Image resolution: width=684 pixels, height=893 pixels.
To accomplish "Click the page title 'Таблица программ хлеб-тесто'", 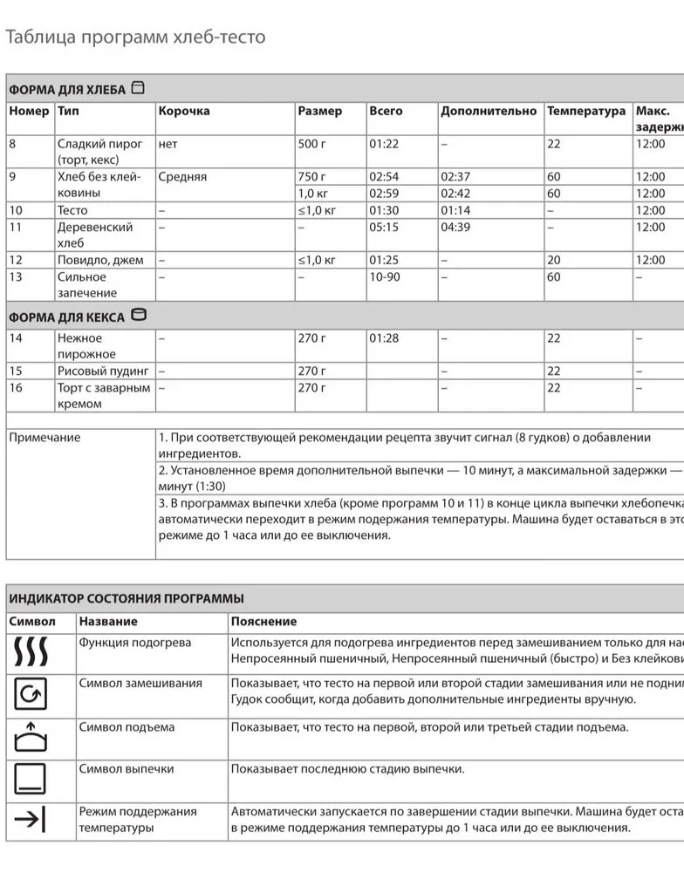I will (135, 37).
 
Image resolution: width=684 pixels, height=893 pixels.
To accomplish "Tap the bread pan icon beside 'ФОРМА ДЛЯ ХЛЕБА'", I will (138, 88).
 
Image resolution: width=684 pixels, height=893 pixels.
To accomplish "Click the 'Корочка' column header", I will (184, 112).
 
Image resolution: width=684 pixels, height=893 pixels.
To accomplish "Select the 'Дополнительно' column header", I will (489, 112).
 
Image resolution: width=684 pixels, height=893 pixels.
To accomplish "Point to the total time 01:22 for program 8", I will (384, 144).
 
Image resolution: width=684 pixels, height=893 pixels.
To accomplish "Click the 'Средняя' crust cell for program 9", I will (182, 177).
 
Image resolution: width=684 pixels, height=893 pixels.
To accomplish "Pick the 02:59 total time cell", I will (384, 194).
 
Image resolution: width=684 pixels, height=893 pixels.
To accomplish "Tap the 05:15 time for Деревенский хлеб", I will (384, 228).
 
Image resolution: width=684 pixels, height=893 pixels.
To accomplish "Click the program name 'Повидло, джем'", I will (100, 260).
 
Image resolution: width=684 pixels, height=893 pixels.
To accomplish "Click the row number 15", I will (16, 372).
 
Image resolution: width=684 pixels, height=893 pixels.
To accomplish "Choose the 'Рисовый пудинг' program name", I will (103, 372).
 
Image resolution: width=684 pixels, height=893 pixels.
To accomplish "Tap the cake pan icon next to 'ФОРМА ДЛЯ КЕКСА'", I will (139, 316).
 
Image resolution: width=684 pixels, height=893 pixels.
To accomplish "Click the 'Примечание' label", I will (44, 438).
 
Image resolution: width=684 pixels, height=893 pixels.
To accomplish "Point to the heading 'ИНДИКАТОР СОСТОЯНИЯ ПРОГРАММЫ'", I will (127, 599).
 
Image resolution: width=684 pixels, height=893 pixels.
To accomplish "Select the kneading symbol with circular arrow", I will (31, 694).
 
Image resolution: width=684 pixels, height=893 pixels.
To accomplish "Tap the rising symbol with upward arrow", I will (31, 737).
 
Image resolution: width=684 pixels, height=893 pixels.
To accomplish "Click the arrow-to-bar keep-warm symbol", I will (31, 820).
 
